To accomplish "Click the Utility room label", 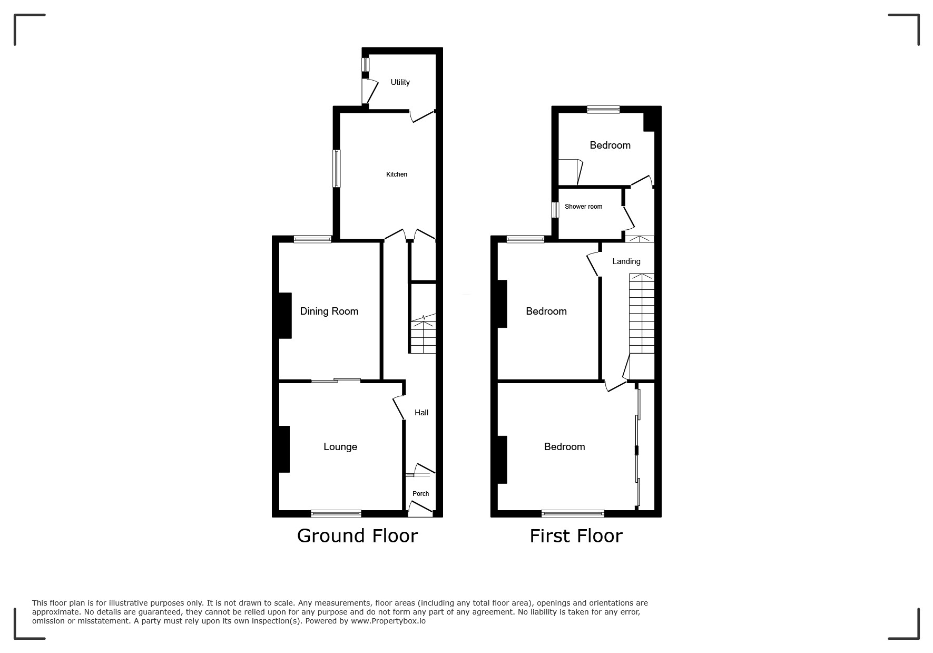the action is point(400,82).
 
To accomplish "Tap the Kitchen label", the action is point(397,174).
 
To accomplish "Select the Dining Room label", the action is point(329,311).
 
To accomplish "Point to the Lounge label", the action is point(340,447).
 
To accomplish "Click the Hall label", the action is point(421,413).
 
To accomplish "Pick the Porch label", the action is point(420,494).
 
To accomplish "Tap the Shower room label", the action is point(583,207).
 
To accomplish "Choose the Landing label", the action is point(626,261).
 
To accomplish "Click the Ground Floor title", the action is point(357,536).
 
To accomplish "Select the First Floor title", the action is point(576,536).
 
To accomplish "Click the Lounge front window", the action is point(336,513).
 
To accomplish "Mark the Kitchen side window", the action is point(336,168).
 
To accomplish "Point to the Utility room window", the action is point(365,64).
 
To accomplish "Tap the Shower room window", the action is point(555,210).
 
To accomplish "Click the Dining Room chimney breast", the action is point(285,316).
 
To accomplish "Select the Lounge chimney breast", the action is point(284,449).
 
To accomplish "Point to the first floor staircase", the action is point(642,314).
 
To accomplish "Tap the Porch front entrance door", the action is point(420,509).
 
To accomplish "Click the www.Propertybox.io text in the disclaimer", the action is point(388,621).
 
